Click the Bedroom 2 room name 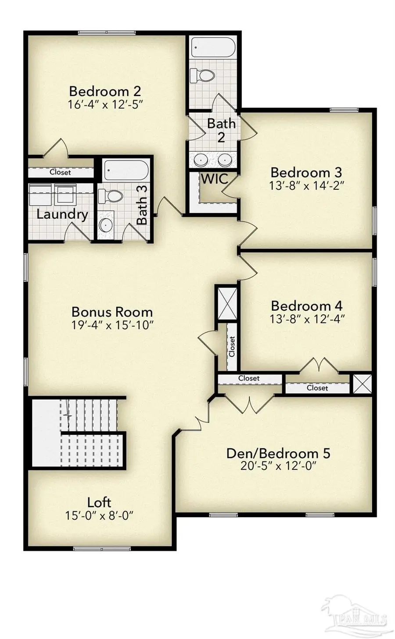coord(105,91)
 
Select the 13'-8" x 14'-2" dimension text coord(306,185)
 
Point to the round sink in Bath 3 coord(106,225)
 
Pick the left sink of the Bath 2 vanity coord(201,160)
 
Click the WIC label coord(214,179)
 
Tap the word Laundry coord(62,214)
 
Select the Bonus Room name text coord(112,312)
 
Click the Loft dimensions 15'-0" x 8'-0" coord(99,515)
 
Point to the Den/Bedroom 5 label coord(278,453)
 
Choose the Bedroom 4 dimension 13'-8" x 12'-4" coord(307,319)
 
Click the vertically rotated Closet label coord(232,346)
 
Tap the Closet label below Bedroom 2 coord(60,172)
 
